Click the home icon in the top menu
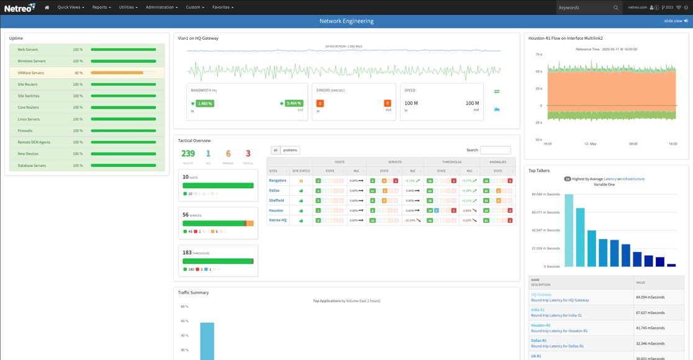(47, 7)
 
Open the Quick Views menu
(71, 7)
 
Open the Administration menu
(161, 7)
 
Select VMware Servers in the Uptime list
(31, 73)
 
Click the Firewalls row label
(25, 131)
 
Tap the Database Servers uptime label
(32, 166)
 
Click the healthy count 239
(188, 154)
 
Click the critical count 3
(248, 154)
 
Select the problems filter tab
(290, 150)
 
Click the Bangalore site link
(278, 181)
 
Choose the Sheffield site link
(276, 200)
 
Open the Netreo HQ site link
(278, 220)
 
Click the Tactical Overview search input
(495, 150)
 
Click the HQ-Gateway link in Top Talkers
(541, 295)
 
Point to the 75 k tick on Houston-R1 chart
(539, 55)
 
